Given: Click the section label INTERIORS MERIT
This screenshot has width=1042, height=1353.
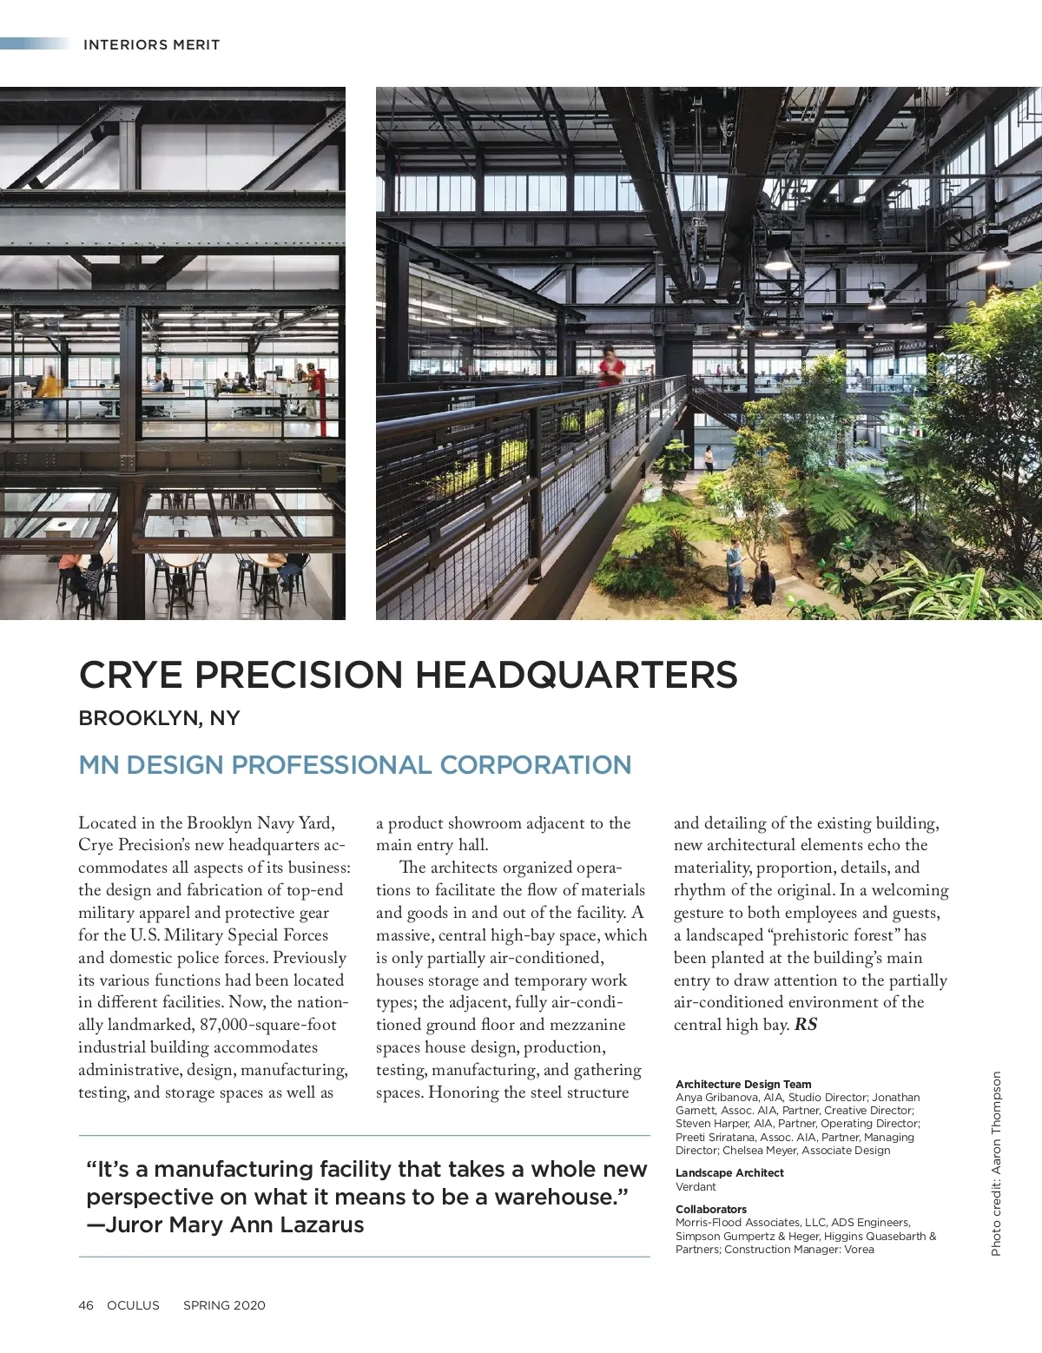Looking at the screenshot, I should pos(151,45).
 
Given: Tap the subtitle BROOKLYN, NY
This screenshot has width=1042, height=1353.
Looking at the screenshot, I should pos(159,718).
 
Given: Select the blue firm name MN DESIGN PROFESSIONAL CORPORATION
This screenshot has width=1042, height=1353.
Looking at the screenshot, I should pos(354,765).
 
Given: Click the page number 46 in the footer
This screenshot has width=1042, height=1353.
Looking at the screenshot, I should pos(86,1305).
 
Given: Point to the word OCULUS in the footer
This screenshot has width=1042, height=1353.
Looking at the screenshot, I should pos(133,1305).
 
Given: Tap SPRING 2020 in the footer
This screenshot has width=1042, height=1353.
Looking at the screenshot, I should pos(224,1305).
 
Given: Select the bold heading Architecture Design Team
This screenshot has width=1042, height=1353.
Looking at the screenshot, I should pos(743,1084).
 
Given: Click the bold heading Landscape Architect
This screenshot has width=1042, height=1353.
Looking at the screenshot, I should pos(729,1172).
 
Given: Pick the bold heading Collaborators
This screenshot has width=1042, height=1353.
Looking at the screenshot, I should pos(711,1209).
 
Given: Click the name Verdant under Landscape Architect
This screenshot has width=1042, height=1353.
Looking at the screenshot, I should pos(696,1186).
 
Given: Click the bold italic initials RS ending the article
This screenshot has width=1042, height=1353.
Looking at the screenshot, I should pos(806,1025).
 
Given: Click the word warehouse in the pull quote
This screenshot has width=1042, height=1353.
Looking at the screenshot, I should pos(560,1197).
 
